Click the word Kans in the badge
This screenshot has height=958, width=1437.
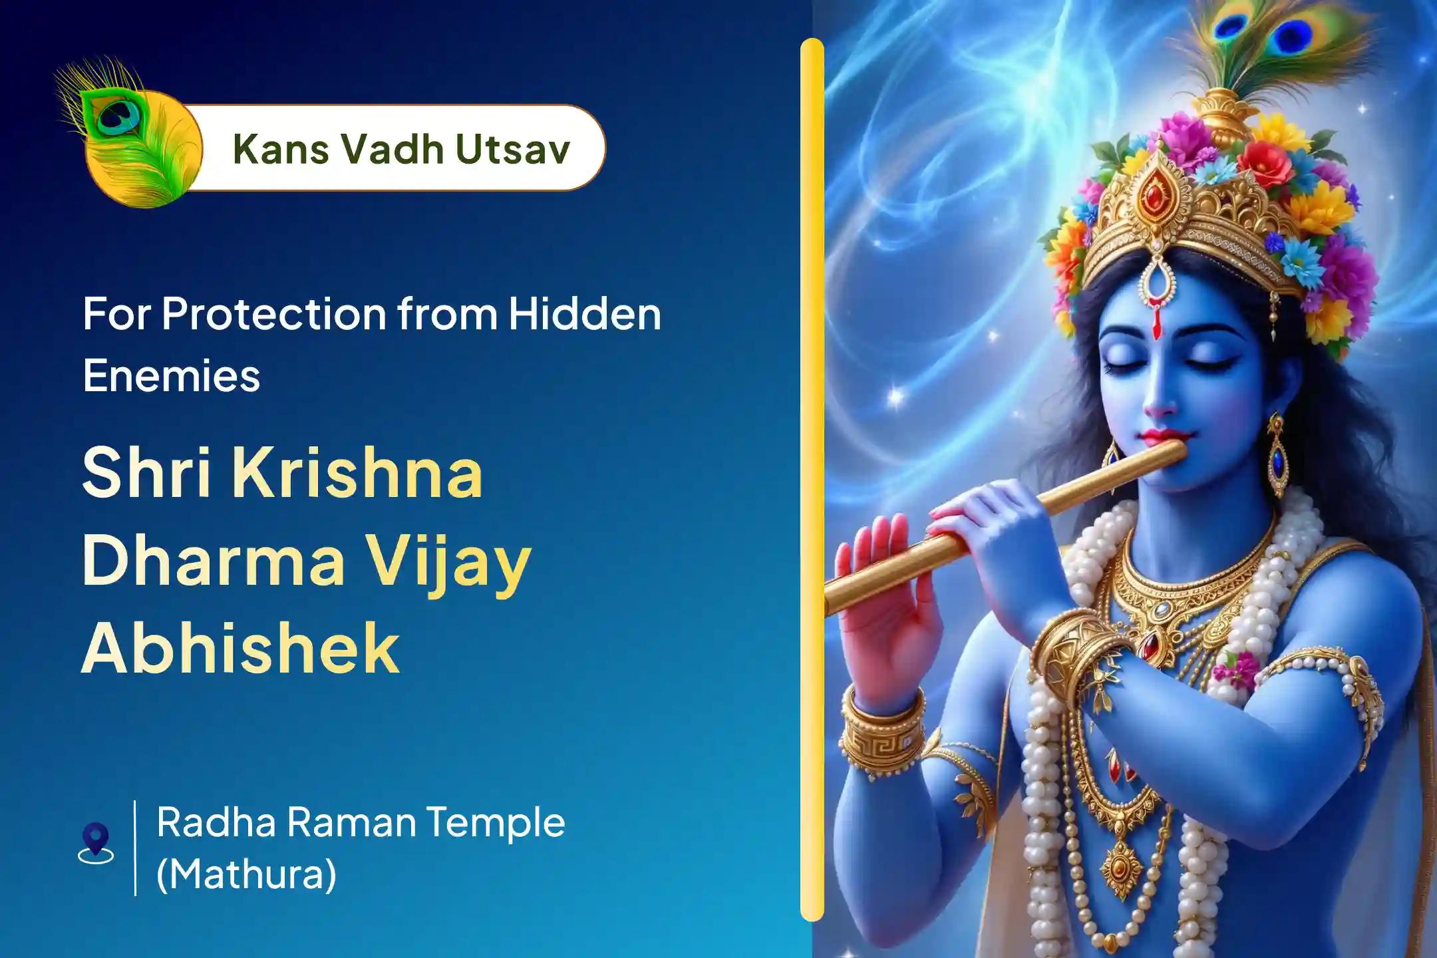(274, 149)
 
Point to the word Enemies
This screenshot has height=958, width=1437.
(172, 376)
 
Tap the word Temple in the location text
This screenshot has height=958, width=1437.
(496, 822)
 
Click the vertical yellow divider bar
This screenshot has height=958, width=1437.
(812, 479)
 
